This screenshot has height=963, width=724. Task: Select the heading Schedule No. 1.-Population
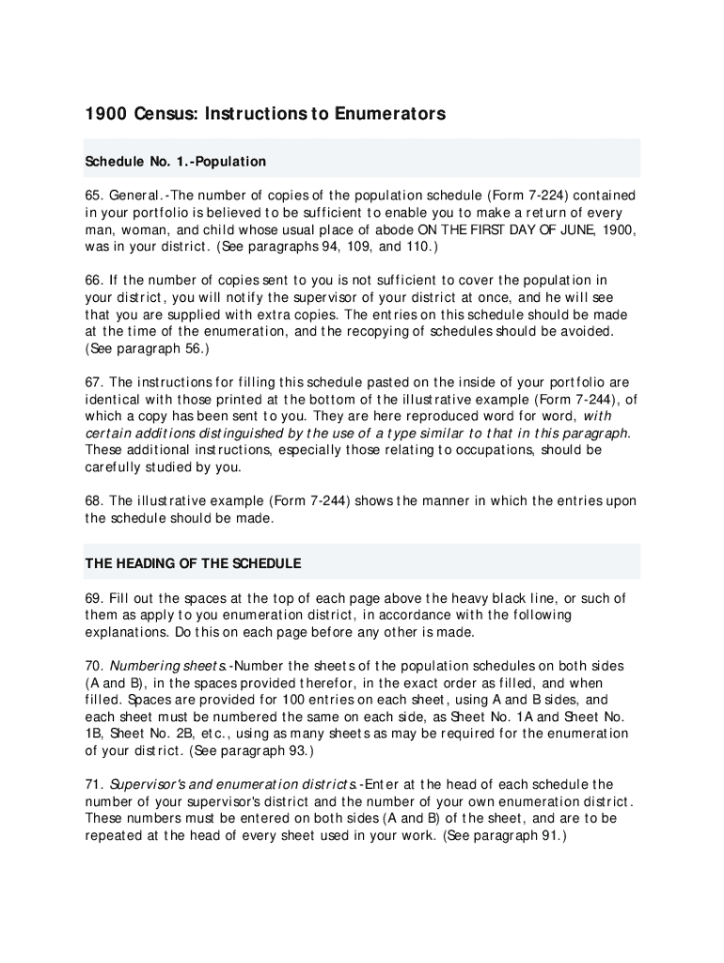pos(176,162)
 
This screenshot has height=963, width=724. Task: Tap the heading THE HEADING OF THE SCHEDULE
pos(194,563)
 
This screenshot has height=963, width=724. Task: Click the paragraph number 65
pos(94,196)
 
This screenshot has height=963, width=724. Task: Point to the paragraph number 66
pos(94,280)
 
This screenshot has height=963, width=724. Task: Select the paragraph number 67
pos(94,382)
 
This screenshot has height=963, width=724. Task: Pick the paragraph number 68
pos(94,501)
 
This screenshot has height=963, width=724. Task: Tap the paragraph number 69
pos(94,598)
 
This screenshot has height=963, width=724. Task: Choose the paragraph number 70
pos(94,666)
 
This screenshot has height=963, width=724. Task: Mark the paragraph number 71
pos(94,784)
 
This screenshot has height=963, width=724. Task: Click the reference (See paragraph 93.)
pos(251,750)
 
